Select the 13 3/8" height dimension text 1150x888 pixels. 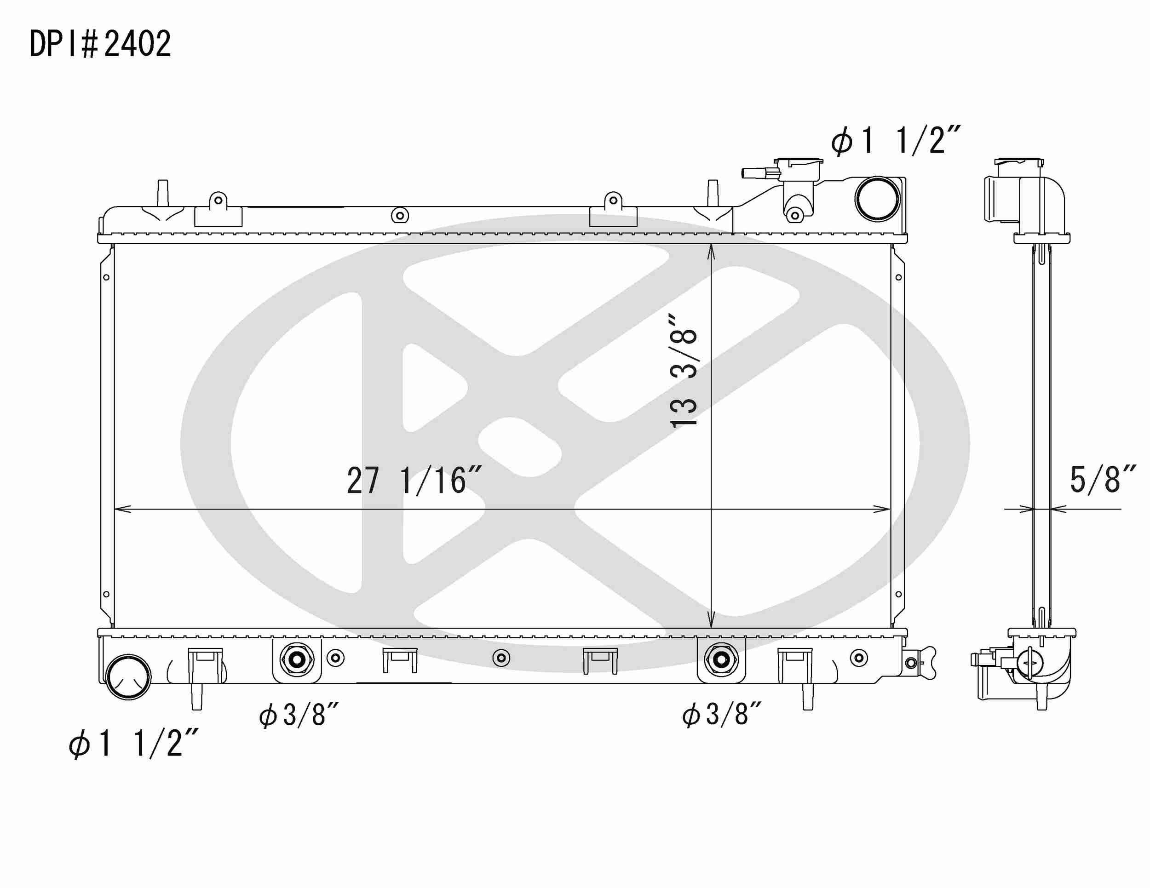click(x=684, y=371)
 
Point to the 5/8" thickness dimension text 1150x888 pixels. click(x=1103, y=480)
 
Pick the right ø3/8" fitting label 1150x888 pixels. click(x=722, y=714)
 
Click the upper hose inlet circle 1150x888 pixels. click(x=877, y=199)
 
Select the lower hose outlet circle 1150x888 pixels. click(x=128, y=677)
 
